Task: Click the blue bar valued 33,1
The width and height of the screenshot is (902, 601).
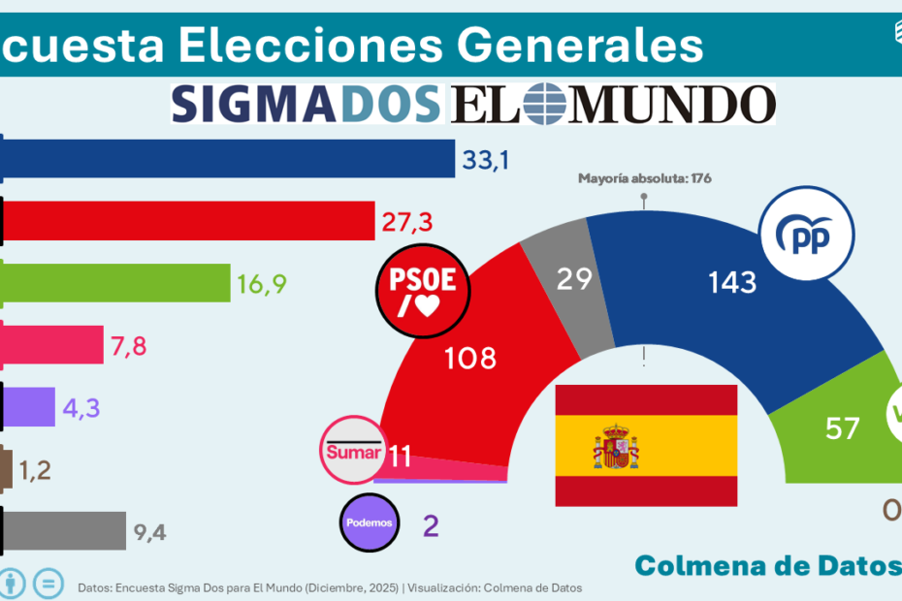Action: coord(229,159)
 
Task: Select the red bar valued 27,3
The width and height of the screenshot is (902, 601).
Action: coord(190,220)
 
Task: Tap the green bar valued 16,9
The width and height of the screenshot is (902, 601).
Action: coord(117,282)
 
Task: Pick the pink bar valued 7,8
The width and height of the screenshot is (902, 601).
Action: coord(54,343)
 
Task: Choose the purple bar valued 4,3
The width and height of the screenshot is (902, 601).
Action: coord(30,405)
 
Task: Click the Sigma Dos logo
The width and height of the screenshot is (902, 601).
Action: coord(306,104)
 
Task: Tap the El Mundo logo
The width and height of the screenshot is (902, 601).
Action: coord(613,104)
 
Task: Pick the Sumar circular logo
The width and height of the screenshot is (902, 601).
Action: coord(354,451)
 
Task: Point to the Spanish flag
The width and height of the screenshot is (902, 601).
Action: coord(646,445)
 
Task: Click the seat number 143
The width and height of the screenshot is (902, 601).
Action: coord(731,282)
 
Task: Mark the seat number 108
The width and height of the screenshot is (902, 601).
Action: coord(469,358)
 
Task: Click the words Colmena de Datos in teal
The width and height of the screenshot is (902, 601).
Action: coord(766,565)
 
